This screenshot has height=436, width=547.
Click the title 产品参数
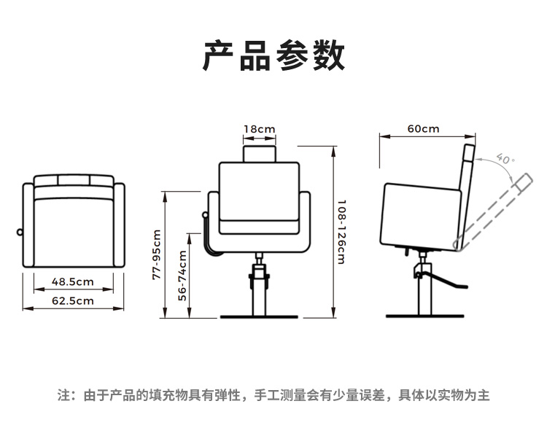[273, 55]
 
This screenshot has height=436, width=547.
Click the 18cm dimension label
[260, 130]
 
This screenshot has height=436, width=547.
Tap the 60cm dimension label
[423, 129]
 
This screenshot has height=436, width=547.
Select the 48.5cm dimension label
[73, 281]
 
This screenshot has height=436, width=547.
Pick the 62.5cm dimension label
[73, 300]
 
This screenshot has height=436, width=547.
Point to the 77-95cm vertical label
[156, 254]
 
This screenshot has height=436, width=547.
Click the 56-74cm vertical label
[183, 276]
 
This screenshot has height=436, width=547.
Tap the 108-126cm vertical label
[341, 232]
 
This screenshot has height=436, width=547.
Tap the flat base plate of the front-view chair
[260, 317]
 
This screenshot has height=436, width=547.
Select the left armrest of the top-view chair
[29, 222]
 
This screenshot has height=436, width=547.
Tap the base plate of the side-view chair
[424, 316]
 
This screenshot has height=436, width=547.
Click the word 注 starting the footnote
[63, 396]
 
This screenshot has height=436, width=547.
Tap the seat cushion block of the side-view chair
[421, 215]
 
